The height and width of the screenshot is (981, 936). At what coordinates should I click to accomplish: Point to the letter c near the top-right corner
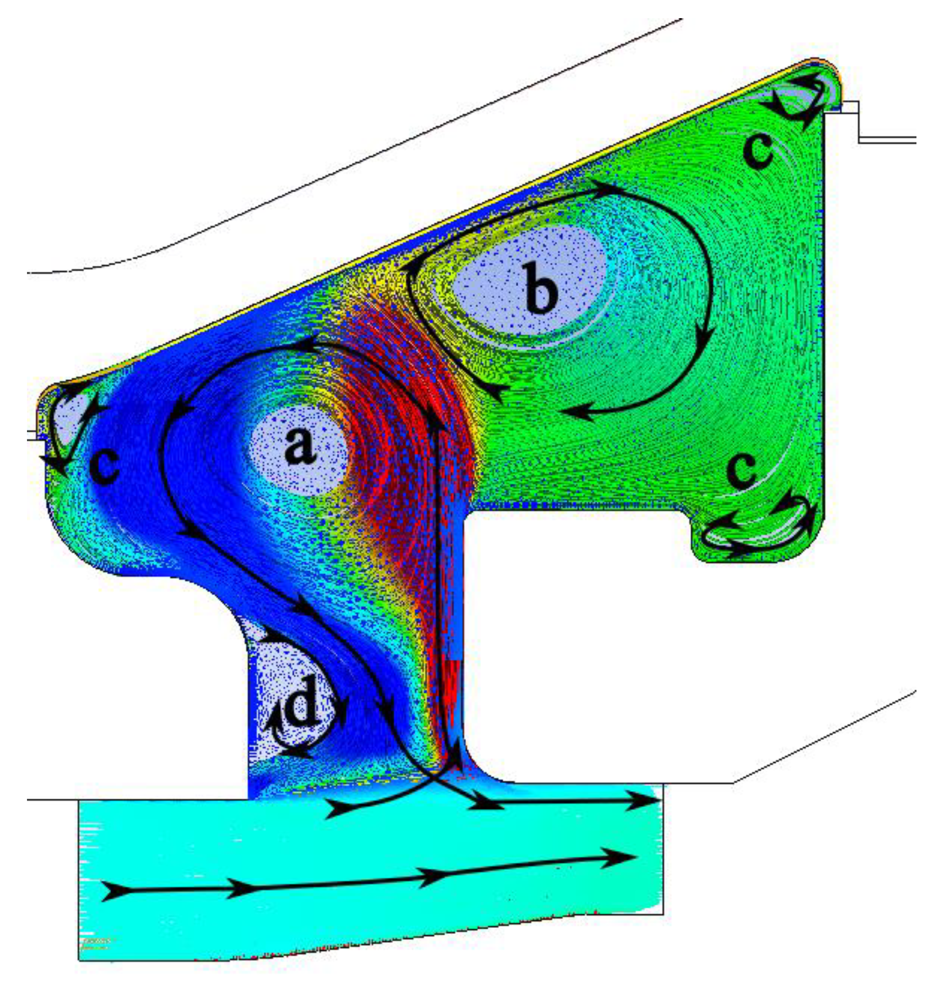coord(758,150)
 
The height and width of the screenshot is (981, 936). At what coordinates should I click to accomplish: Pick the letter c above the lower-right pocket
coord(743,471)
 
